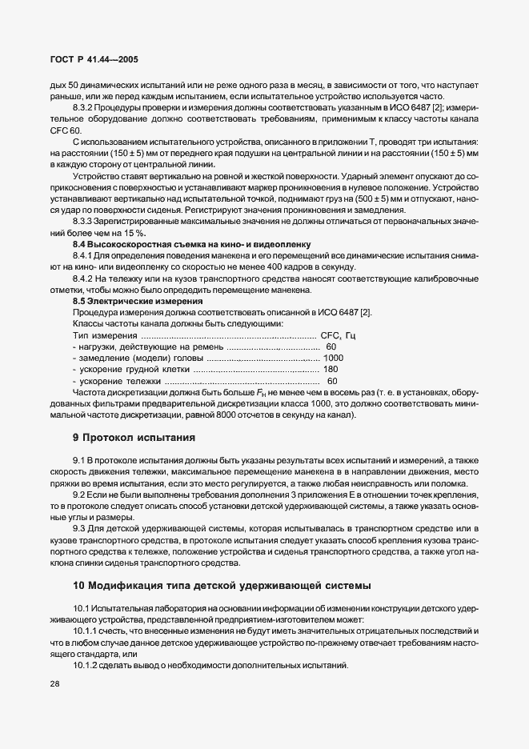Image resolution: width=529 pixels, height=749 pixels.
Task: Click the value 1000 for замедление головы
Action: click(x=333, y=358)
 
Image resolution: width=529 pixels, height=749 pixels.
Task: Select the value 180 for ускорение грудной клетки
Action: click(x=330, y=370)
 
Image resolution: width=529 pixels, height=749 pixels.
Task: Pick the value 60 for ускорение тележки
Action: click(x=332, y=381)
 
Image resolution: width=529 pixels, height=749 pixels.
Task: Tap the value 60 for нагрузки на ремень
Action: click(x=331, y=346)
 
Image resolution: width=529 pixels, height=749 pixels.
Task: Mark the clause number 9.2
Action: click(x=79, y=496)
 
